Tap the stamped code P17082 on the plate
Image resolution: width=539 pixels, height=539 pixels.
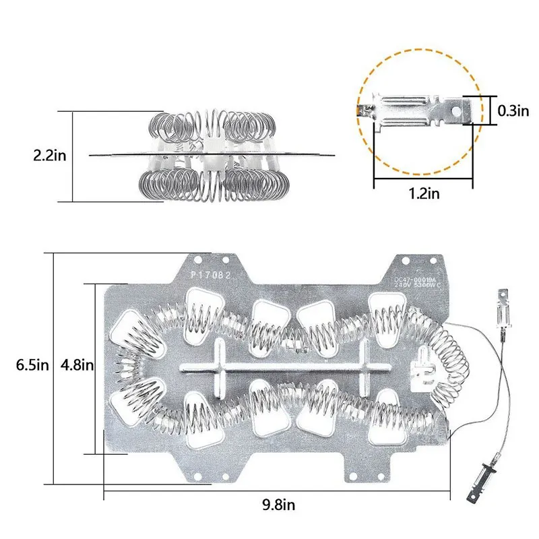coord(211,275)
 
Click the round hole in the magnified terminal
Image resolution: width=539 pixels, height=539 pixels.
coord(464,107)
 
